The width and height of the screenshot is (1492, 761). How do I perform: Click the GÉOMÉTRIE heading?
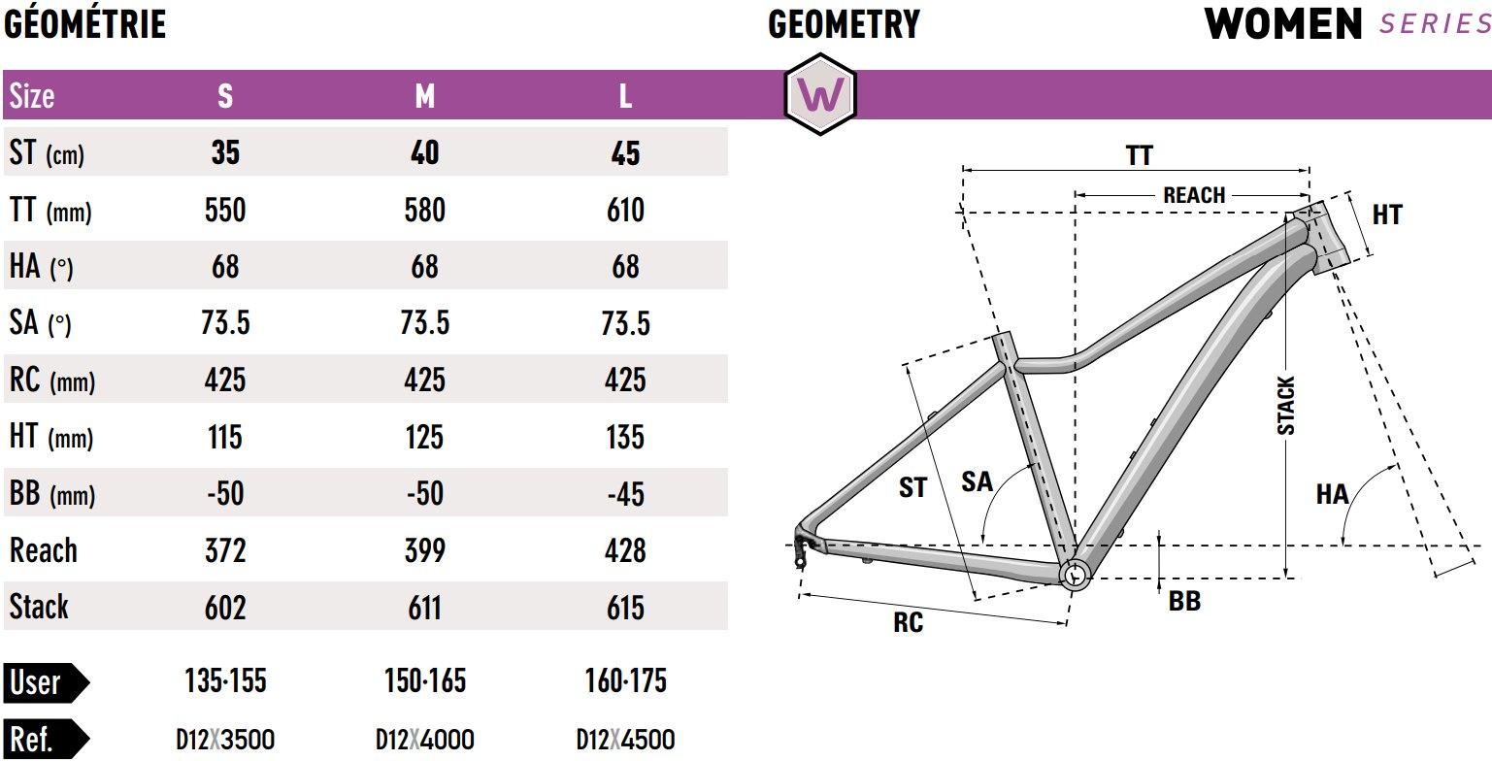(84, 24)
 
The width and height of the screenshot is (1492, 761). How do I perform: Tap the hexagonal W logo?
(820, 94)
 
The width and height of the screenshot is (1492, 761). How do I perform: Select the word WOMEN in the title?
(1283, 24)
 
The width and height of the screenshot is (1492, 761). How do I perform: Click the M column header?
(424, 96)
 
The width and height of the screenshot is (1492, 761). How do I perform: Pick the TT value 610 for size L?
(625, 211)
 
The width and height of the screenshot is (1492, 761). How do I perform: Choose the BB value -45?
(625, 494)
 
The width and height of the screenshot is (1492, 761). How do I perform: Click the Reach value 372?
(225, 550)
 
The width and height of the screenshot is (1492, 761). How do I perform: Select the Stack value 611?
(424, 608)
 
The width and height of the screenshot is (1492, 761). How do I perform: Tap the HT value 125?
(424, 438)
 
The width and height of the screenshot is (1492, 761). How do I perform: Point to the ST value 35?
(225, 152)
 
